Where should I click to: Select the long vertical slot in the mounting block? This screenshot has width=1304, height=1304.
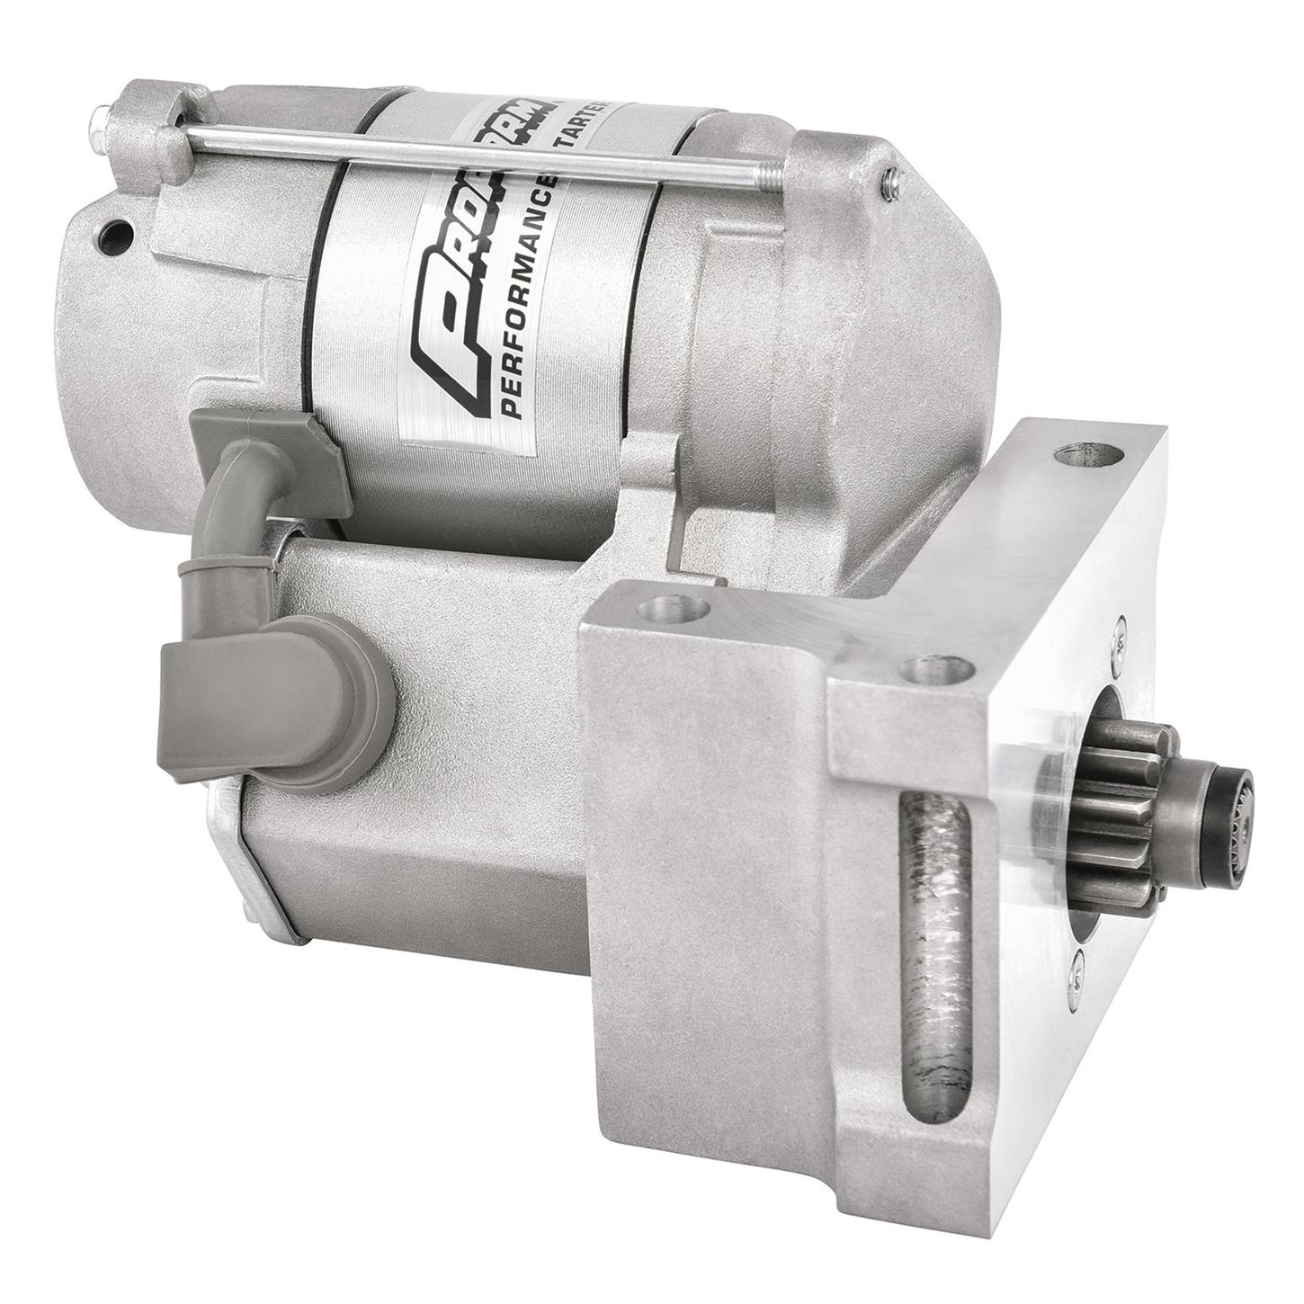(x=935, y=936)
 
